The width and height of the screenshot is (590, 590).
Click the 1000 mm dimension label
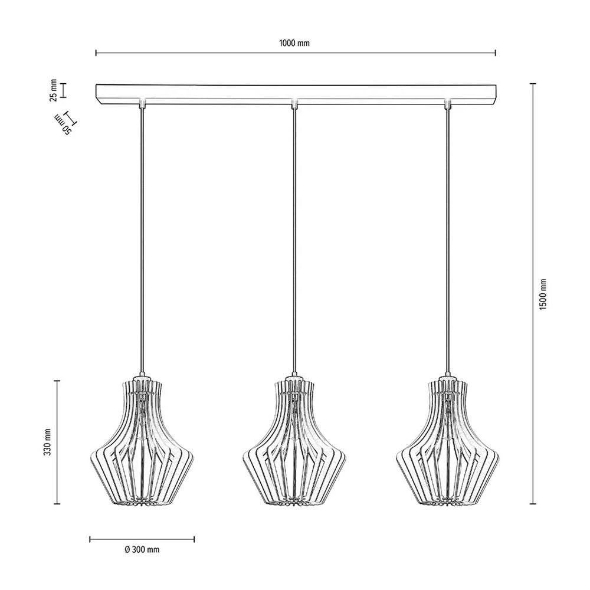(294, 43)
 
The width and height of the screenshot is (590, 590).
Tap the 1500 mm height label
(543, 294)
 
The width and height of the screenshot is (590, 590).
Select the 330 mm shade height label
(47, 442)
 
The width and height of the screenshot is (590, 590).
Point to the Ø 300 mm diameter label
(142, 550)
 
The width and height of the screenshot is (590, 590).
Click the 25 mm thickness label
(54, 90)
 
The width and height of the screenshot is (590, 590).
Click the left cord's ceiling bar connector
(142, 103)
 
